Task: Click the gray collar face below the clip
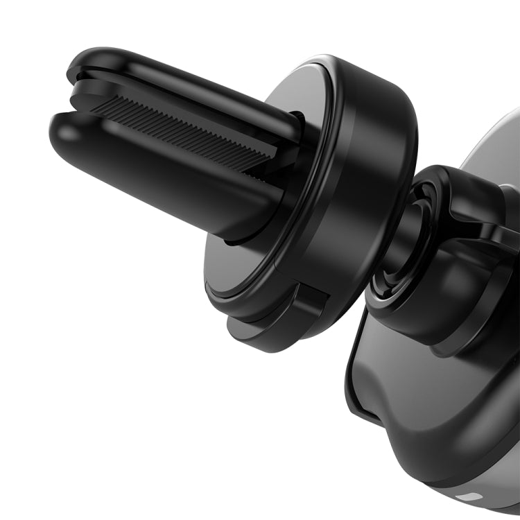click(236, 270)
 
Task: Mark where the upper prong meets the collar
click(295, 128)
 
